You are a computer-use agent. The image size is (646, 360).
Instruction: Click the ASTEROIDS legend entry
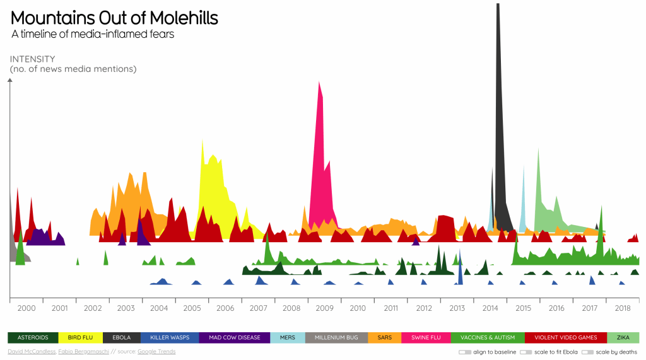(33, 338)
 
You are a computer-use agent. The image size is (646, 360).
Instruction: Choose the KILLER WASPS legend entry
(170, 338)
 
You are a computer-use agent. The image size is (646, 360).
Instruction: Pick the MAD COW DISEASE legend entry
(234, 338)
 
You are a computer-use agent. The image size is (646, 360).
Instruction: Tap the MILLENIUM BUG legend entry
(336, 338)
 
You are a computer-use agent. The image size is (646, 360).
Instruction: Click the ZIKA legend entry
(623, 338)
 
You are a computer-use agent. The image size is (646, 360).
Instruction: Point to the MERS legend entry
(287, 338)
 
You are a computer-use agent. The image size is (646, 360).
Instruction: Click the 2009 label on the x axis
(324, 308)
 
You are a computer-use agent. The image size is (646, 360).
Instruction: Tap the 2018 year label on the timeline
(623, 308)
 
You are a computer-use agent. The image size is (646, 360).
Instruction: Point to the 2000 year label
(26, 308)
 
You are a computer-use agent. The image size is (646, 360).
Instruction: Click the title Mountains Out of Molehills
(114, 18)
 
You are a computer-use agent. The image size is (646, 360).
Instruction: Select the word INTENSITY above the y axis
(32, 59)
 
